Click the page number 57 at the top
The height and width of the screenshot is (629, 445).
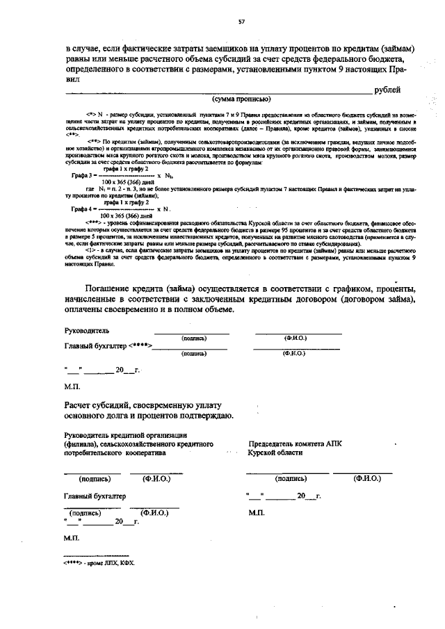click(241, 22)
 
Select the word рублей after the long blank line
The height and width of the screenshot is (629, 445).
click(387, 90)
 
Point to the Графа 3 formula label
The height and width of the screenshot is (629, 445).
click(83, 177)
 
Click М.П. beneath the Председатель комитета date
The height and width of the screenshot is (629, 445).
click(254, 513)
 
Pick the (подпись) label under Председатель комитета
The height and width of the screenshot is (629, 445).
click(291, 478)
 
